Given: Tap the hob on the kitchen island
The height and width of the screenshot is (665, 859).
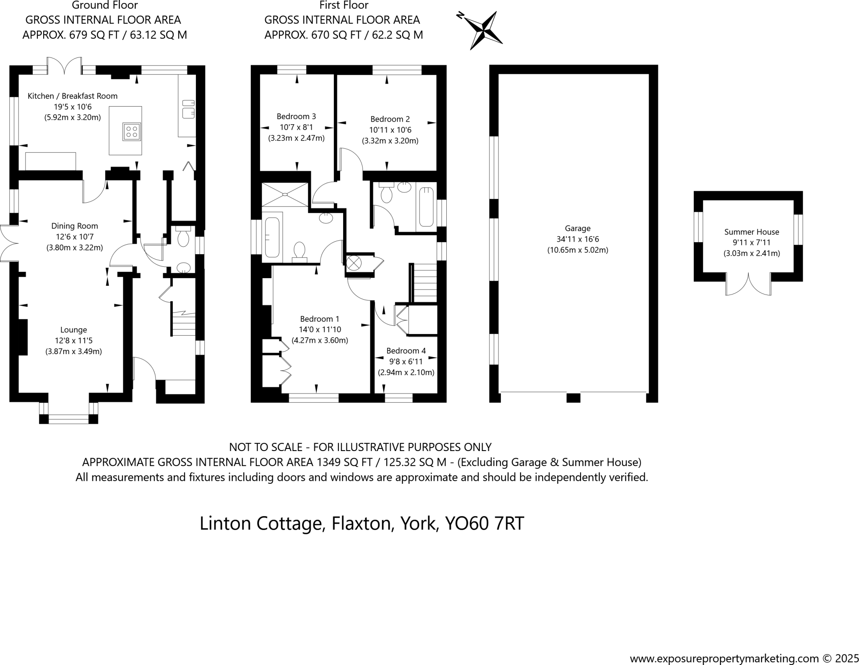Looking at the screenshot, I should (x=131, y=131).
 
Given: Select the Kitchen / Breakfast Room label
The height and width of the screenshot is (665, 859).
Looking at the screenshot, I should (x=73, y=96).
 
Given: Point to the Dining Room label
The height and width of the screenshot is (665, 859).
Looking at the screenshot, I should (x=75, y=226).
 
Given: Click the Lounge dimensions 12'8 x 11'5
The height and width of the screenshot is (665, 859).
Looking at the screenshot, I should (x=73, y=341).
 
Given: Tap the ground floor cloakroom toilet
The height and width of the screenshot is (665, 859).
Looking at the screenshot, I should (x=183, y=237).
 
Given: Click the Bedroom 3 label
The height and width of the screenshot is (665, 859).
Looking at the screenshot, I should (x=296, y=117).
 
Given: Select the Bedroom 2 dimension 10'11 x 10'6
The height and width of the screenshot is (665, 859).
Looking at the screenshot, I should (x=390, y=130).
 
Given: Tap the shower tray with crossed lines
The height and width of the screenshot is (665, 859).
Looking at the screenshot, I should (x=285, y=194).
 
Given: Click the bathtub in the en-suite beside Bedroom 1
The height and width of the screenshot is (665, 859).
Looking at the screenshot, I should (x=272, y=237).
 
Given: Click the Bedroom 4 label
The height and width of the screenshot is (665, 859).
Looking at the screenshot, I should (x=406, y=351).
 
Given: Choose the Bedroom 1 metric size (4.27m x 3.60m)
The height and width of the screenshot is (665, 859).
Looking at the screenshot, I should (x=320, y=340).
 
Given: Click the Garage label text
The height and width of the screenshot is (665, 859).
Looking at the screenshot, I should (x=578, y=229).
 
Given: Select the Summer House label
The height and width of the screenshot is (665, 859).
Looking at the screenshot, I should (x=751, y=232).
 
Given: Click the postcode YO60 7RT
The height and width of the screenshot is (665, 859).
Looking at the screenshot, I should (x=484, y=524).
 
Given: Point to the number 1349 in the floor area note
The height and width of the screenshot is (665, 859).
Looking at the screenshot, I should (x=328, y=462).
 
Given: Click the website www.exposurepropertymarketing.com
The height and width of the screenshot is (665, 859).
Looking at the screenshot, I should (x=724, y=658).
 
